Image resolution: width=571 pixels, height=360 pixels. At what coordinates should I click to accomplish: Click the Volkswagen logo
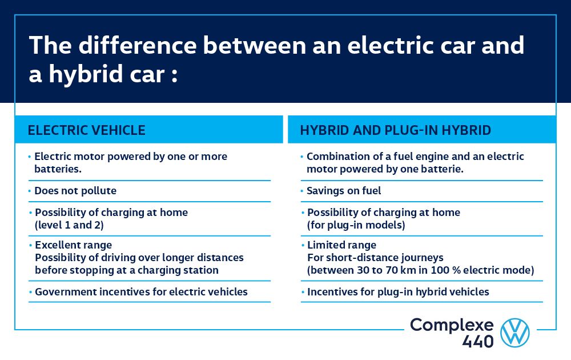[515, 333]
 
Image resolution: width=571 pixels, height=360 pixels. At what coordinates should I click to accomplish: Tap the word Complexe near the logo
[452, 325]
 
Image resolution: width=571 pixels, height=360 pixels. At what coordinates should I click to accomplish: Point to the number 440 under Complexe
[478, 341]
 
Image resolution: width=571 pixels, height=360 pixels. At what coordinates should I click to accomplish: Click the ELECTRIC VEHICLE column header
[87, 130]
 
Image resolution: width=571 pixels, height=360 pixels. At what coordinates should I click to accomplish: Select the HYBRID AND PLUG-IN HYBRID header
[396, 130]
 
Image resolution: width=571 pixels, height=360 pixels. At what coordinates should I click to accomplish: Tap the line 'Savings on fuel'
[344, 191]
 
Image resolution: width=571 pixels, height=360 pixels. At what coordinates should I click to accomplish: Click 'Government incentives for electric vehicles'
[141, 292]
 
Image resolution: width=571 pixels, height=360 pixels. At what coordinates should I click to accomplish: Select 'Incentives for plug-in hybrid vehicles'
[398, 292]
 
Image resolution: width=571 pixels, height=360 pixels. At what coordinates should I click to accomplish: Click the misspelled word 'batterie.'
[428, 169]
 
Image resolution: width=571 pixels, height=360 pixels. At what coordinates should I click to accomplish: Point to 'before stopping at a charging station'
[127, 270]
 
